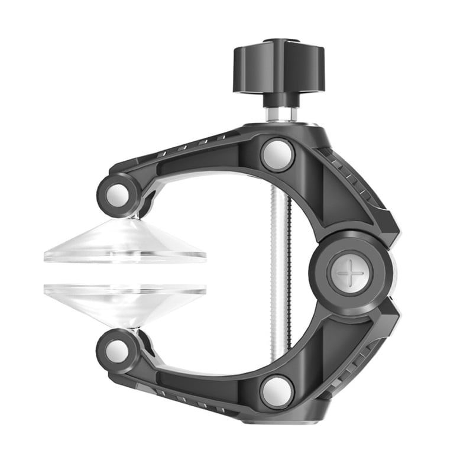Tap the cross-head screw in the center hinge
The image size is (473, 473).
[350, 274]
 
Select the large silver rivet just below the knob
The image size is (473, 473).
[277, 155]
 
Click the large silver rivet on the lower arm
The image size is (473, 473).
[277, 391]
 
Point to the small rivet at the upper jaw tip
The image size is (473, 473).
[117, 196]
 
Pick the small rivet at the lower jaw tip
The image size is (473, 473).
[117, 351]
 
